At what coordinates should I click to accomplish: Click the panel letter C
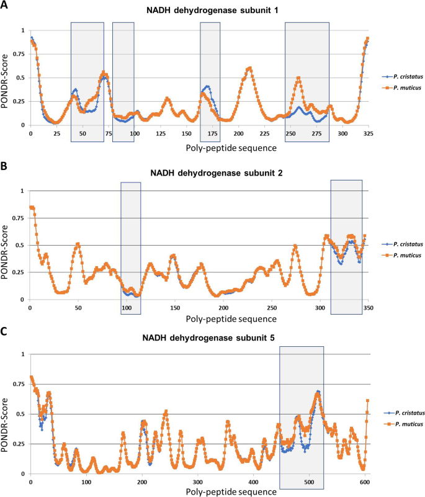(x=4, y=332)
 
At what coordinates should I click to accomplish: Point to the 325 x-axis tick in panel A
(x=368, y=135)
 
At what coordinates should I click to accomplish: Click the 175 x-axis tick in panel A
(x=212, y=135)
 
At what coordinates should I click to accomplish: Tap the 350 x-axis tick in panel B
(x=368, y=308)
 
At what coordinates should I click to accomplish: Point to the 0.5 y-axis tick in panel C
(x=20, y=414)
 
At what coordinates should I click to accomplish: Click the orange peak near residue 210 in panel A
(x=249, y=68)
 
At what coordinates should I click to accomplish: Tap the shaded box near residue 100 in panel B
(x=131, y=248)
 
